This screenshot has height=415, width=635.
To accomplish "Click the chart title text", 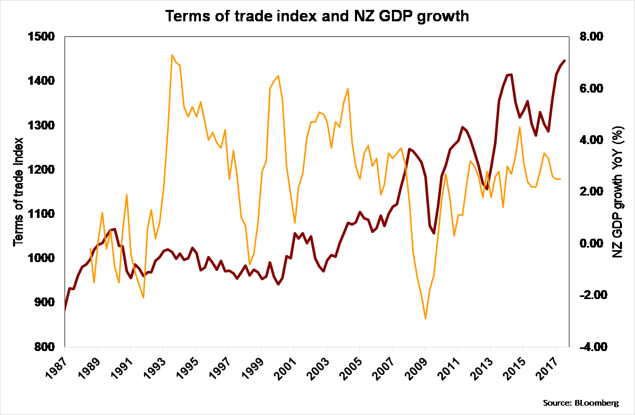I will [x=317, y=16].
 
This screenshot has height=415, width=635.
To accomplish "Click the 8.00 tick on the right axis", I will [x=590, y=37].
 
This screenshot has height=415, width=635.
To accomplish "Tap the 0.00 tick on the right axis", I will [x=590, y=244].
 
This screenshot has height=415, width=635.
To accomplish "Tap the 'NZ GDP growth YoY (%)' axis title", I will [x=618, y=192].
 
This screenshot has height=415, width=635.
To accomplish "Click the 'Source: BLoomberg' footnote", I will [x=581, y=403].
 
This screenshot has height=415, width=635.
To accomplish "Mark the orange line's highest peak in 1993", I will [x=172, y=55].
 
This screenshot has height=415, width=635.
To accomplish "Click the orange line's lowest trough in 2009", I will [x=426, y=318].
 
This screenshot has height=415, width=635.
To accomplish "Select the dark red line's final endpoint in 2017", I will [x=565, y=61].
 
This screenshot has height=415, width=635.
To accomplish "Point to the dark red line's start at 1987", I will [x=65, y=310].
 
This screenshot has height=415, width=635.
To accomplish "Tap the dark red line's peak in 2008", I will [x=410, y=149].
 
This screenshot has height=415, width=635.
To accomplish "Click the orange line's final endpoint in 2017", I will [x=561, y=179].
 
